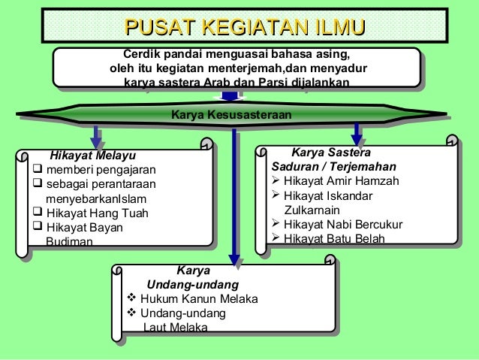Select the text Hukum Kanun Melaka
[x=199, y=299]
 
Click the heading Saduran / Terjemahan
[x=334, y=166]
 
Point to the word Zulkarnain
[x=312, y=210]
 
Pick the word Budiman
[x=70, y=242]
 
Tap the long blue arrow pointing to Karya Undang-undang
[x=236, y=195]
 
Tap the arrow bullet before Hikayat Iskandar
[x=276, y=195]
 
